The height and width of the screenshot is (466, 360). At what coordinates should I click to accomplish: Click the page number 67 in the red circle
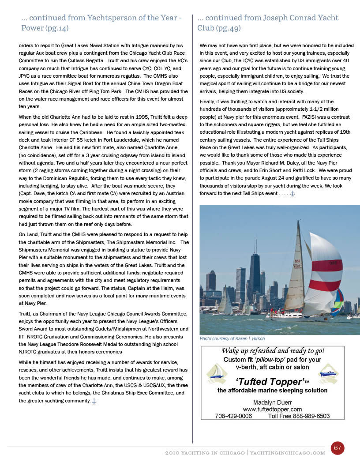coord(337,447)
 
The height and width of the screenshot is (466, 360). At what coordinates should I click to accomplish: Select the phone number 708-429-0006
coord(233,416)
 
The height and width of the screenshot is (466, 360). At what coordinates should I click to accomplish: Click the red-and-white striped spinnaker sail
coord(326,274)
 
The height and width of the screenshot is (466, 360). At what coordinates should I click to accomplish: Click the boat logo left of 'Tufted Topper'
coord(217,373)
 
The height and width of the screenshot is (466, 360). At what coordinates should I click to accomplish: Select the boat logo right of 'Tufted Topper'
coord(328,373)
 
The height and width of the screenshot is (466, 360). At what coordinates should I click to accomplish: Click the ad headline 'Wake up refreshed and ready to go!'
coord(273,351)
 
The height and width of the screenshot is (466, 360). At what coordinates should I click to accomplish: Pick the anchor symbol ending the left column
coord(94,401)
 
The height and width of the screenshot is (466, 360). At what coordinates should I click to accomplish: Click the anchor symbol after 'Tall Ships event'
coord(292,193)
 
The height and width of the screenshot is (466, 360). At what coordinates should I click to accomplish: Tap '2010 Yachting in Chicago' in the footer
coord(205,453)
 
